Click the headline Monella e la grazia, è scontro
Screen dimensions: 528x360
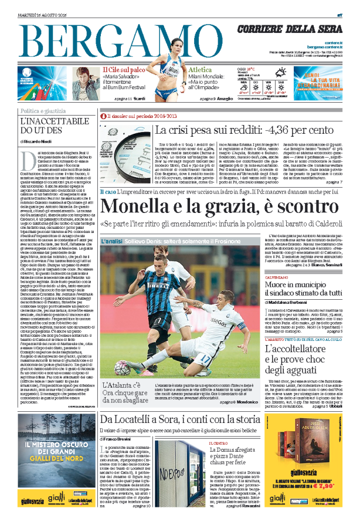(x=218, y=207)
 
